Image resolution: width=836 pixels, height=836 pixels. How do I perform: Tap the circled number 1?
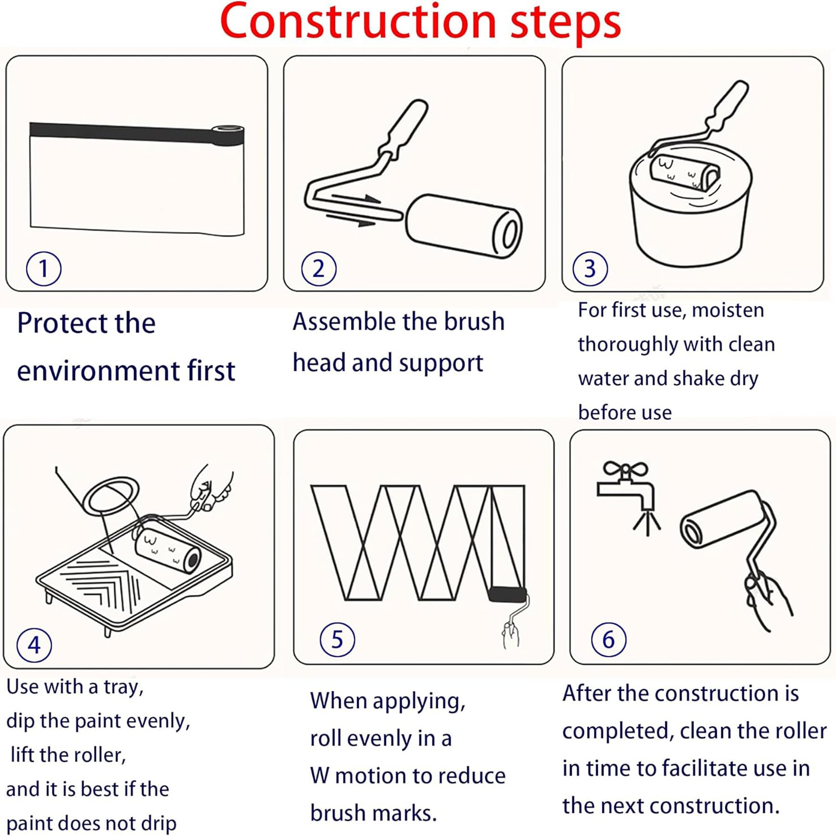[44, 268]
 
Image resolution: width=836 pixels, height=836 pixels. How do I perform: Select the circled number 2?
[319, 268]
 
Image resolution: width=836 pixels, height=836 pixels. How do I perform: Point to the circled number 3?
[590, 268]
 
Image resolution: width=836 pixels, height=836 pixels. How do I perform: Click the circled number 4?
[34, 645]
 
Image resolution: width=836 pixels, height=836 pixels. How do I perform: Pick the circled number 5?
[337, 640]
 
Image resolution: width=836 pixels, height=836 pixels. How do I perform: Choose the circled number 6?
[608, 640]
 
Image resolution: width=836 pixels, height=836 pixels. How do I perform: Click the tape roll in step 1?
[228, 135]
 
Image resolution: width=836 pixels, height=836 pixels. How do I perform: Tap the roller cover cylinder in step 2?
[464, 226]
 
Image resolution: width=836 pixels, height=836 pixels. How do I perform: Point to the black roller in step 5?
[507, 595]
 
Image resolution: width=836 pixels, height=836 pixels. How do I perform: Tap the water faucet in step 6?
[626, 492]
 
